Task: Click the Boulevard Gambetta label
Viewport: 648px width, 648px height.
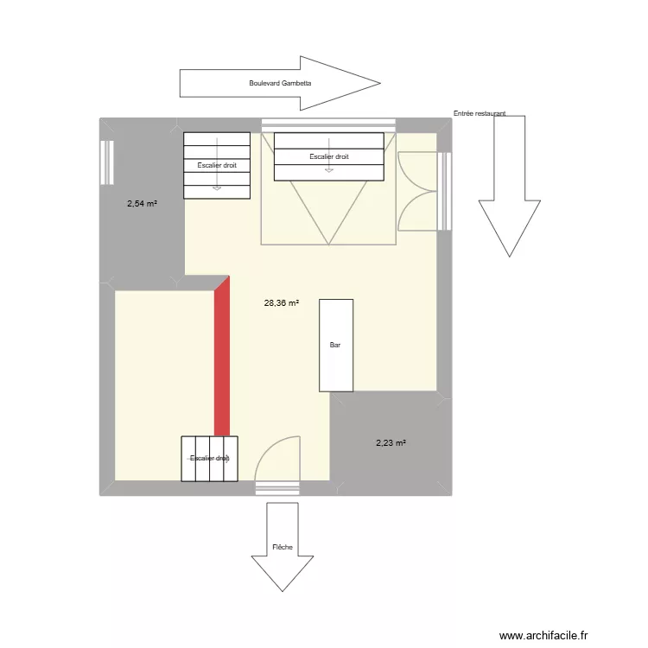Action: pos(279,84)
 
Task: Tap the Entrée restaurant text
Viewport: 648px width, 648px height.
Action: pos(480,113)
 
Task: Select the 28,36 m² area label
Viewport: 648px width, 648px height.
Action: pos(282,303)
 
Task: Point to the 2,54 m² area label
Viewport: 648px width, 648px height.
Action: pos(142,204)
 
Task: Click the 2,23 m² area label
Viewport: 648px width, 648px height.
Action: pos(391,443)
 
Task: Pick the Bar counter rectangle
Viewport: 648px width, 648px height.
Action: pos(336,345)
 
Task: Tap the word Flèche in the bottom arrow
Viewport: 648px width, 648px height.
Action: pos(282,547)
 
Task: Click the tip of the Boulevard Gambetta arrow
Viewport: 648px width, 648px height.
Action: pos(379,84)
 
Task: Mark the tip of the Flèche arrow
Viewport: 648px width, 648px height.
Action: pos(283,591)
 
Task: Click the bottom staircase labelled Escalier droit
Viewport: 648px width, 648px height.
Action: pos(210,459)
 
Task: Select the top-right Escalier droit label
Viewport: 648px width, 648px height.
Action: pos(328,156)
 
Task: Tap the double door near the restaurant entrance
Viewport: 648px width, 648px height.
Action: pos(417,191)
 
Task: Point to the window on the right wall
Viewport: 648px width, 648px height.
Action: pos(445,191)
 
